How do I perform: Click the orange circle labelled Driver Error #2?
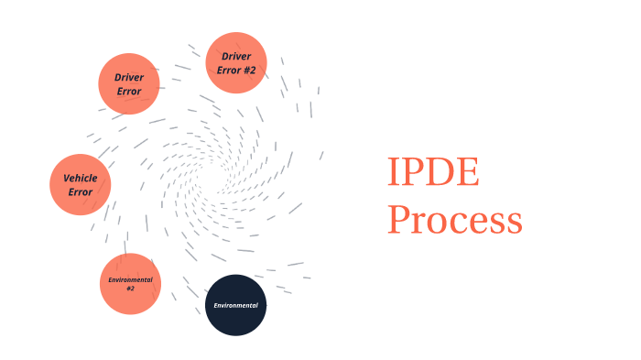pyautogui.click(x=236, y=62)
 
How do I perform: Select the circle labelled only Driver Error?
pyautogui.click(x=129, y=83)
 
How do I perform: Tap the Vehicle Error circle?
pyautogui.click(x=81, y=184)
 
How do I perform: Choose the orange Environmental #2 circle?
pyautogui.click(x=130, y=283)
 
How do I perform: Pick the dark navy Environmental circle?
pyautogui.click(x=235, y=305)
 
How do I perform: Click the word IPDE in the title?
pyautogui.click(x=432, y=172)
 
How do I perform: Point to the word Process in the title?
pyautogui.click(x=454, y=221)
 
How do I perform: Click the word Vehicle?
pyautogui.click(x=81, y=178)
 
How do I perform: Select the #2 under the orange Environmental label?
pyautogui.click(x=130, y=289)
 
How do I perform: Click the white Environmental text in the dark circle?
pyautogui.click(x=235, y=305)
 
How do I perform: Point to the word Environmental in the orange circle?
pyautogui.click(x=130, y=278)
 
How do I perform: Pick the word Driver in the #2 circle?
pyautogui.click(x=236, y=56)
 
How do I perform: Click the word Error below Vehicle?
pyautogui.click(x=81, y=192)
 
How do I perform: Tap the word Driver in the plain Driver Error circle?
pyautogui.click(x=129, y=77)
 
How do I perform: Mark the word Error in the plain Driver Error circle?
pyautogui.click(x=129, y=92)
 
